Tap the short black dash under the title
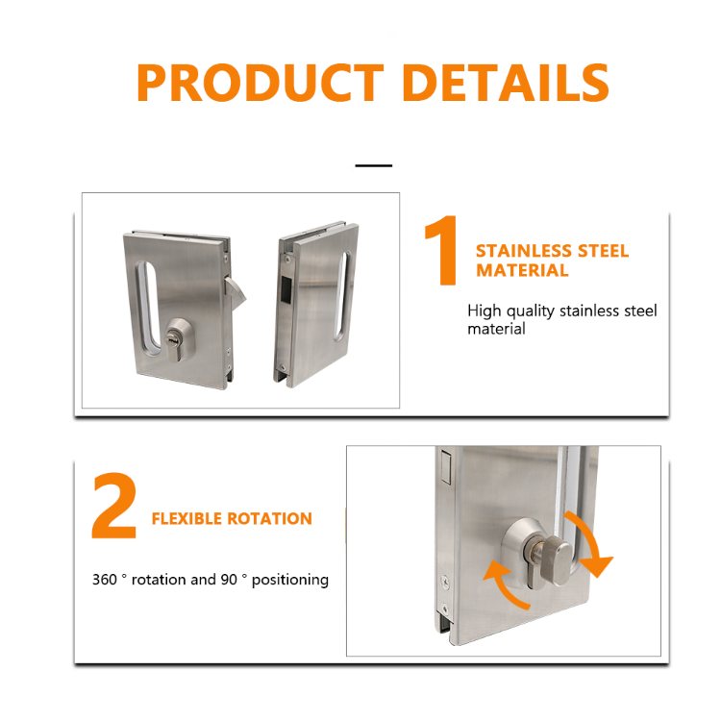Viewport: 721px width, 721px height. tap(374, 165)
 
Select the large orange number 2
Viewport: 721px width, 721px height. tap(114, 507)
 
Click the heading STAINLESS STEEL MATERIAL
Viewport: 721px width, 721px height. tap(551, 261)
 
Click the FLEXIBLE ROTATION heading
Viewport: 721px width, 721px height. tap(232, 519)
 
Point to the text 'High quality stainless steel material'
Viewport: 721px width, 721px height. tap(561, 320)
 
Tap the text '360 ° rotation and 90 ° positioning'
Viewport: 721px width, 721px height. tap(211, 580)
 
